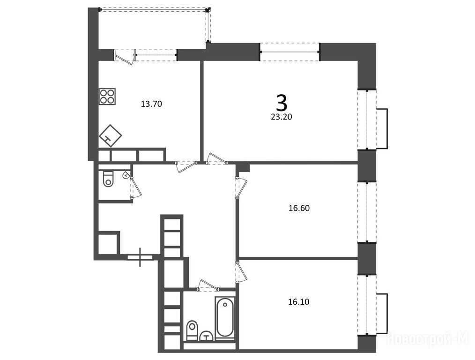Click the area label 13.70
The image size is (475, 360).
click(x=151, y=104)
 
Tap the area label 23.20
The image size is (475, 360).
click(x=282, y=117)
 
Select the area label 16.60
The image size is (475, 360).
click(x=299, y=208)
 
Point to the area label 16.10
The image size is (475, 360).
click(x=299, y=302)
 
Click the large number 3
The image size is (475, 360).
click(x=282, y=103)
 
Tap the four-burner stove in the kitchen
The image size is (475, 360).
click(x=107, y=97)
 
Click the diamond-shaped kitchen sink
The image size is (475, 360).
click(x=110, y=136)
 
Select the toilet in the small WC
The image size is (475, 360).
click(x=108, y=179)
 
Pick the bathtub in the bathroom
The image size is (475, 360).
click(x=225, y=317)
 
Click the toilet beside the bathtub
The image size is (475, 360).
click(x=192, y=330)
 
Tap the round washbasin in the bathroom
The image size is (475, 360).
click(x=207, y=336)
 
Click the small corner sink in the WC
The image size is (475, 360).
click(x=126, y=175)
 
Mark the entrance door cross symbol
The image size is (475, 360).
click(x=140, y=257)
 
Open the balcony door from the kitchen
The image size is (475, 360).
click(x=125, y=57)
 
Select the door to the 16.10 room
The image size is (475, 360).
click(x=241, y=271)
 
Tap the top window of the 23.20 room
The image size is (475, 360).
click(x=290, y=52)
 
